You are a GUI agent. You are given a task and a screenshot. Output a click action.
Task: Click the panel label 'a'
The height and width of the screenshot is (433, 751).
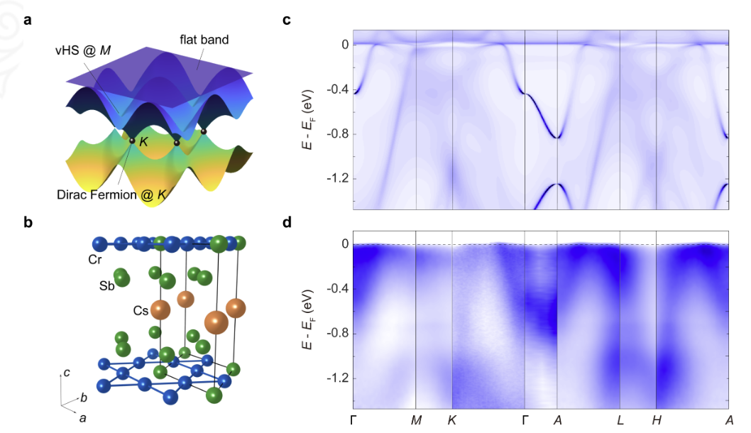click(28, 19)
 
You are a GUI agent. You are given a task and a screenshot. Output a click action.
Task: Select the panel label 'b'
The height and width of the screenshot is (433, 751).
click(28, 222)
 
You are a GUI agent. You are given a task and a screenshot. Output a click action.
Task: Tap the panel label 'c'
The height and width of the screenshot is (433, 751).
click(287, 19)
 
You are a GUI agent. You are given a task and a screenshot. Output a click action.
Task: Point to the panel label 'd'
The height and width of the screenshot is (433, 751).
click(287, 222)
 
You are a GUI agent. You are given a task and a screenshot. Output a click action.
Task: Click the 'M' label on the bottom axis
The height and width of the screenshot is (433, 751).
click(416, 420)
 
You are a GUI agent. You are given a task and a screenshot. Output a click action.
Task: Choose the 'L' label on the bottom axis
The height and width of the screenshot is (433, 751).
click(620, 420)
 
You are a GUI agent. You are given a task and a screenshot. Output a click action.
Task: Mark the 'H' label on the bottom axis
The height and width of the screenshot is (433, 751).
click(657, 420)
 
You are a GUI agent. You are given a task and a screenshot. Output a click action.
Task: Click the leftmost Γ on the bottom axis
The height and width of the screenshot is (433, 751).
click(353, 420)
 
